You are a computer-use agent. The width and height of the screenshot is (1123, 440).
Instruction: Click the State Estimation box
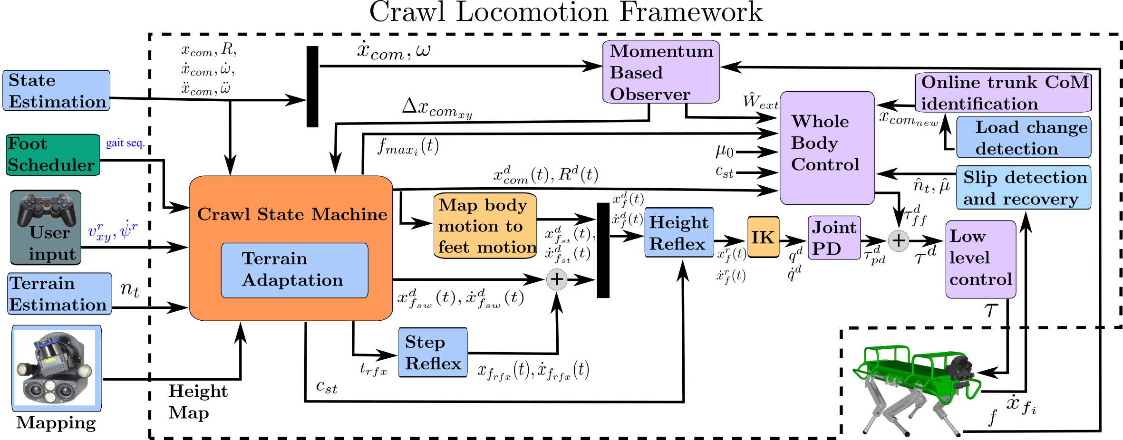pyautogui.click(x=56, y=90)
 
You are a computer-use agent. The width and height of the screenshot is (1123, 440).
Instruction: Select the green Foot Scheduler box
pyautogui.click(x=52, y=154)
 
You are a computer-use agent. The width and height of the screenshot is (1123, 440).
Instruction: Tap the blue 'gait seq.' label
pyautogui.click(x=125, y=143)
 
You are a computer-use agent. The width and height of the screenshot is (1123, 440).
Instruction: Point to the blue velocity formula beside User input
pyautogui.click(x=113, y=231)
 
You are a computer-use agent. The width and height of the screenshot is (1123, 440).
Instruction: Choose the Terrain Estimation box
pyautogui.click(x=59, y=294)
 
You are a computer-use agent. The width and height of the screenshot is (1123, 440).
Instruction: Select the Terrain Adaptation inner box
pyautogui.click(x=294, y=270)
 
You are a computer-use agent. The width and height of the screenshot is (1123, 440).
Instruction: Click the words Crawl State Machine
pyautogui.click(x=292, y=214)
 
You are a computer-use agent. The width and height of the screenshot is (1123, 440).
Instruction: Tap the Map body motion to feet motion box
pyautogui.click(x=485, y=226)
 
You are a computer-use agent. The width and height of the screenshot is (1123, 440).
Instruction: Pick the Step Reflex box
pyautogui.click(x=433, y=353)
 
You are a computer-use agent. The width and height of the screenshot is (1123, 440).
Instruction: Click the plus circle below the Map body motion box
pyautogui.click(x=557, y=279)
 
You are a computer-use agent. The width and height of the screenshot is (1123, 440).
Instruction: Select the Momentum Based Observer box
pyautogui.click(x=661, y=72)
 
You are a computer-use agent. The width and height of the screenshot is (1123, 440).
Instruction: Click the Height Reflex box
pyautogui.click(x=679, y=232)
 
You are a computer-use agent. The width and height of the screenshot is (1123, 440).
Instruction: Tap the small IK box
pyautogui.click(x=763, y=237)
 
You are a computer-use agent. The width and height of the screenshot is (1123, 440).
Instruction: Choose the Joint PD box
pyautogui.click(x=834, y=238)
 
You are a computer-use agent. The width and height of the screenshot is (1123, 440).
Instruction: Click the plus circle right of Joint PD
pyautogui.click(x=899, y=241)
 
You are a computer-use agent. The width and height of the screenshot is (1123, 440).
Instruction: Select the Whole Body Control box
pyautogui.click(x=827, y=148)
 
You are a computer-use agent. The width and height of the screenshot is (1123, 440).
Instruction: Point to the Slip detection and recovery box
pyautogui.click(x=1024, y=188)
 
